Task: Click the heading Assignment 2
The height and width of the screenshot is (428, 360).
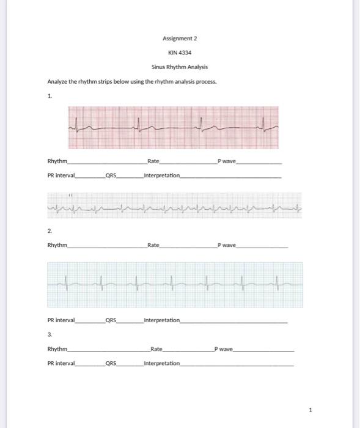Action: [x=180, y=38]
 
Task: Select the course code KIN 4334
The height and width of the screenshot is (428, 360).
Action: [x=180, y=52]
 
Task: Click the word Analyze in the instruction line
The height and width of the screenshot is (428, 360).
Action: [x=57, y=81]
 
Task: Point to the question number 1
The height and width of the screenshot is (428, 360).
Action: [x=49, y=96]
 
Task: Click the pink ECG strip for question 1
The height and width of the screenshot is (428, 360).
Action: [x=174, y=128]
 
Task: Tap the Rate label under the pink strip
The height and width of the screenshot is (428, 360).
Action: [x=153, y=162]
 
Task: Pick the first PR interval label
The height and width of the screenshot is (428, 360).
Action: [x=61, y=175]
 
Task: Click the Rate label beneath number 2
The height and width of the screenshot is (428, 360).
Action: [x=153, y=245]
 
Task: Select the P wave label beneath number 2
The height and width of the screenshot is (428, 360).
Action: [x=228, y=245]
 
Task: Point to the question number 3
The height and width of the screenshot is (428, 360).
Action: [x=49, y=334]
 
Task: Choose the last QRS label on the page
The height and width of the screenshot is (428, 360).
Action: [x=111, y=363]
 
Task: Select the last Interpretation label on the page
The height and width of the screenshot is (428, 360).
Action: [x=162, y=363]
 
